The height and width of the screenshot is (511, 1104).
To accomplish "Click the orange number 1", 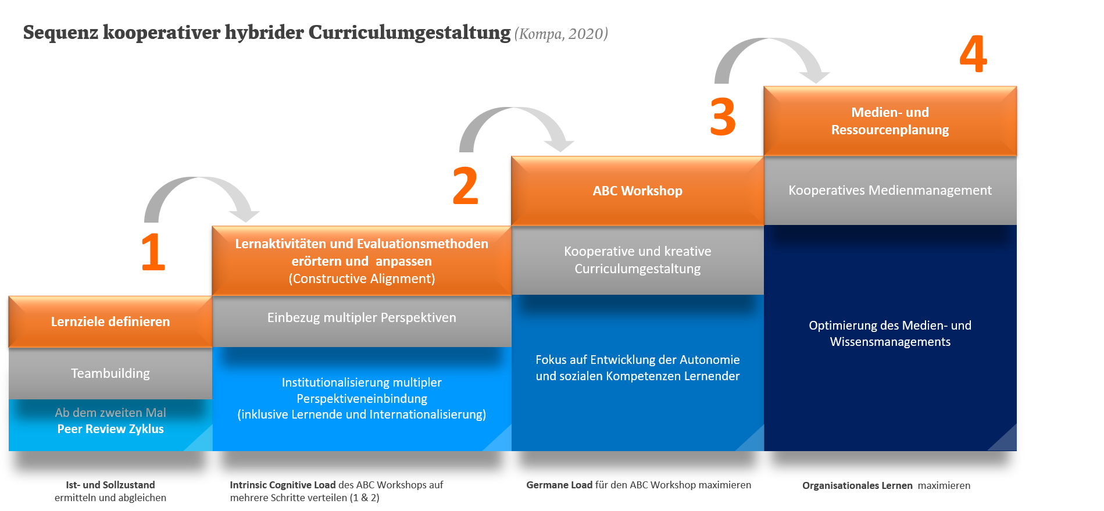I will click(153, 252).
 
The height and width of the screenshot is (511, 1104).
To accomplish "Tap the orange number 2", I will click(466, 186).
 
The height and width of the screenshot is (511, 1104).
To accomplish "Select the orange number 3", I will click(723, 117).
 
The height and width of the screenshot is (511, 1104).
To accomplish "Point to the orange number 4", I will click(973, 53).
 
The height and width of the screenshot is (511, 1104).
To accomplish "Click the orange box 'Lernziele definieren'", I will click(110, 321).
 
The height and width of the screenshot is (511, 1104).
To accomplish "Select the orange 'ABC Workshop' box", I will click(637, 191).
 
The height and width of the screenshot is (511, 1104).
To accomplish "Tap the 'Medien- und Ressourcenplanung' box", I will click(889, 121).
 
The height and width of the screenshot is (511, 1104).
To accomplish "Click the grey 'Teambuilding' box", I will click(110, 373).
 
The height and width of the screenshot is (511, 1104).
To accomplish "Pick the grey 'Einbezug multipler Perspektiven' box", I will click(362, 318).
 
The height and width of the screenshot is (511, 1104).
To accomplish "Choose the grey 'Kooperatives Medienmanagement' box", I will click(889, 190).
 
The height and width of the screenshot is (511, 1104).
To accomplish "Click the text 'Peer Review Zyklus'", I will click(110, 429).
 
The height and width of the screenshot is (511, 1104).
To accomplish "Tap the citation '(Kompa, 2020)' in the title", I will click(561, 34).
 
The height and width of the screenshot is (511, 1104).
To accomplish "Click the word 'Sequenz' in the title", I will click(60, 33).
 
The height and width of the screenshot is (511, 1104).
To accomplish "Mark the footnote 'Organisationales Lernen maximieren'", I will click(886, 485).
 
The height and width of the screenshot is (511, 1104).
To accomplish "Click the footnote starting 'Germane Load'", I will click(638, 485).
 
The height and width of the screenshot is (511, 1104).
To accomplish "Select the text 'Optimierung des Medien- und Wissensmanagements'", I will click(889, 334).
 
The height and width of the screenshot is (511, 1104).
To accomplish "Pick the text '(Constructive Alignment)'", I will click(362, 279).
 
